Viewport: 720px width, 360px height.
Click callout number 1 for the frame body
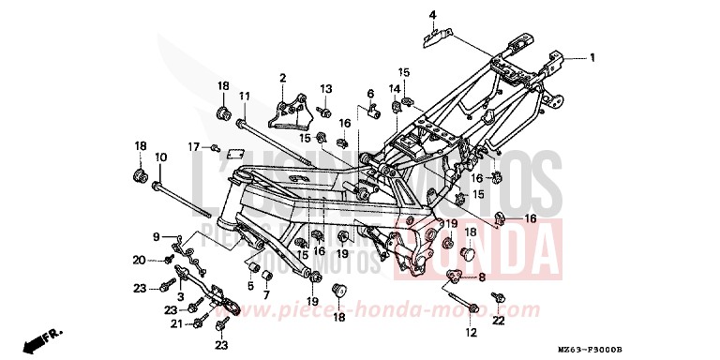(x=592, y=57)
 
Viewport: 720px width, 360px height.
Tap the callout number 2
(x=281, y=77)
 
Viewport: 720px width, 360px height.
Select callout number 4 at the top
(x=433, y=15)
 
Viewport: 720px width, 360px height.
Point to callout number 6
(x=371, y=94)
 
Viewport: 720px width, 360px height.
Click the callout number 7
(x=265, y=294)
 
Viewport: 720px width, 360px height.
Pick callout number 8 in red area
(x=482, y=277)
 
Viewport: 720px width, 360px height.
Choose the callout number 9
(x=157, y=235)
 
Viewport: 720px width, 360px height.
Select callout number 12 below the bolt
(x=471, y=332)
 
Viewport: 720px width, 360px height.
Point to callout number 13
(x=326, y=88)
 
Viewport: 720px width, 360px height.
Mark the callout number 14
(x=395, y=88)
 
